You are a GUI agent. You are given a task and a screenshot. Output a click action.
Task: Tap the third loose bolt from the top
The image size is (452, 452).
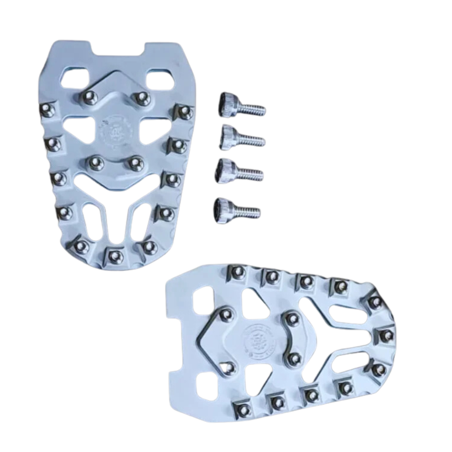click(x=238, y=171)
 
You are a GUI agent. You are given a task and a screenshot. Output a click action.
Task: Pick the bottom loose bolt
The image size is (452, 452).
click(x=235, y=207)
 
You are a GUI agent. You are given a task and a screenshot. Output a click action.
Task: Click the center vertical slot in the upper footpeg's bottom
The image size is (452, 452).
click(x=115, y=221)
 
